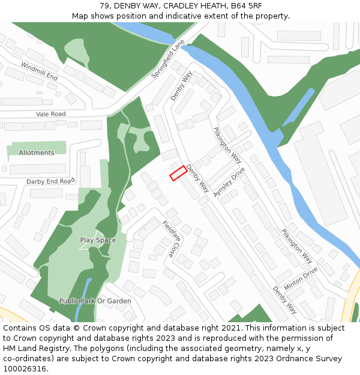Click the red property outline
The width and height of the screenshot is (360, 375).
click(x=177, y=173)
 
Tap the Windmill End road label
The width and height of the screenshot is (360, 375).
click(x=39, y=71)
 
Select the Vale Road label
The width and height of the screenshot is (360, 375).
click(x=50, y=114)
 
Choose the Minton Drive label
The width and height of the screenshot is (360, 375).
click(x=301, y=279)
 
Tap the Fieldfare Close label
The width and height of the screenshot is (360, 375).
click(x=171, y=239)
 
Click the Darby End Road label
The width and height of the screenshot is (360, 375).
click(x=50, y=181)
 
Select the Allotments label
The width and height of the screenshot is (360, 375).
click(x=37, y=153)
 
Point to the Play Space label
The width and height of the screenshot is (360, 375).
click(x=98, y=240)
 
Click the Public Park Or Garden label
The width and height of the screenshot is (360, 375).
click(x=95, y=301)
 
